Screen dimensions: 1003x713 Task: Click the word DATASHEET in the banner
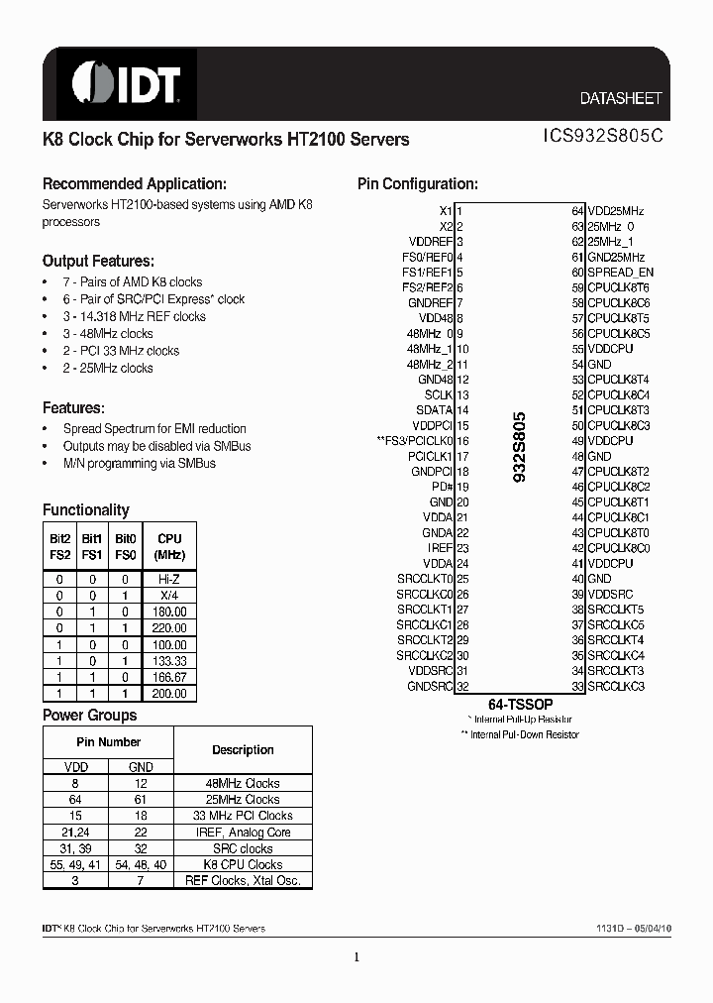[620, 99]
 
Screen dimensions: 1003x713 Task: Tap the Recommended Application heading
[135, 184]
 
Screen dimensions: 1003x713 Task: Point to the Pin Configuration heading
[417, 184]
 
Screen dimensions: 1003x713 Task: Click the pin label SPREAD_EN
[620, 273]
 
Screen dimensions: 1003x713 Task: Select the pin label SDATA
[434, 410]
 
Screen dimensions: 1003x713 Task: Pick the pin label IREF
[441, 548]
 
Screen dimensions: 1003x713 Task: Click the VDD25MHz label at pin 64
[615, 211]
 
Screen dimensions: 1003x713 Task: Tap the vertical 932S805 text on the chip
[520, 447]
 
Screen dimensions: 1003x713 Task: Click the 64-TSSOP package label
[520, 703]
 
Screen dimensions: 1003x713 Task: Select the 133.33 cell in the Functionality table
[169, 661]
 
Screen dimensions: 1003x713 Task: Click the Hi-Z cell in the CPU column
[169, 578]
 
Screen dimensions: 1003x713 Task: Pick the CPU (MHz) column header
[169, 547]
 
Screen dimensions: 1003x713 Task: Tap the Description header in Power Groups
[243, 750]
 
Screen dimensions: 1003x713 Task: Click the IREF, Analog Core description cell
[243, 833]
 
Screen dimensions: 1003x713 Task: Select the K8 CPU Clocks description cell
[243, 864]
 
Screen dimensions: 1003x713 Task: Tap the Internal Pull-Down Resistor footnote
[520, 734]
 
